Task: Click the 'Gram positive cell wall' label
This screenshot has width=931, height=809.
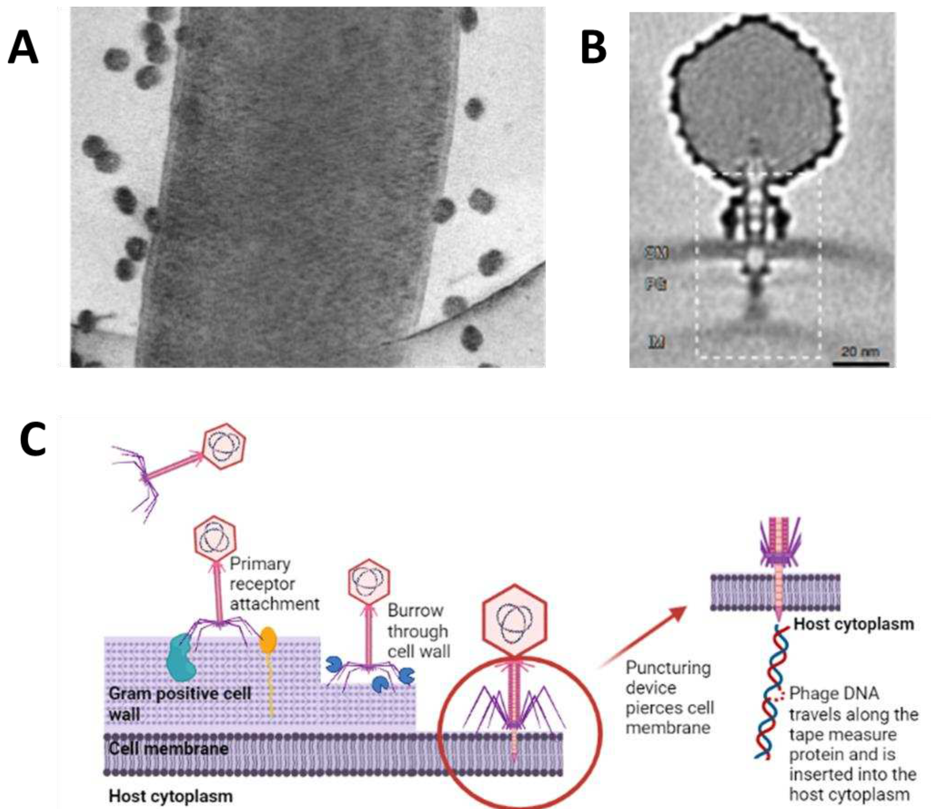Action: (179, 703)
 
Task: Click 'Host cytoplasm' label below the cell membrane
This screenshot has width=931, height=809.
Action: (171, 796)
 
